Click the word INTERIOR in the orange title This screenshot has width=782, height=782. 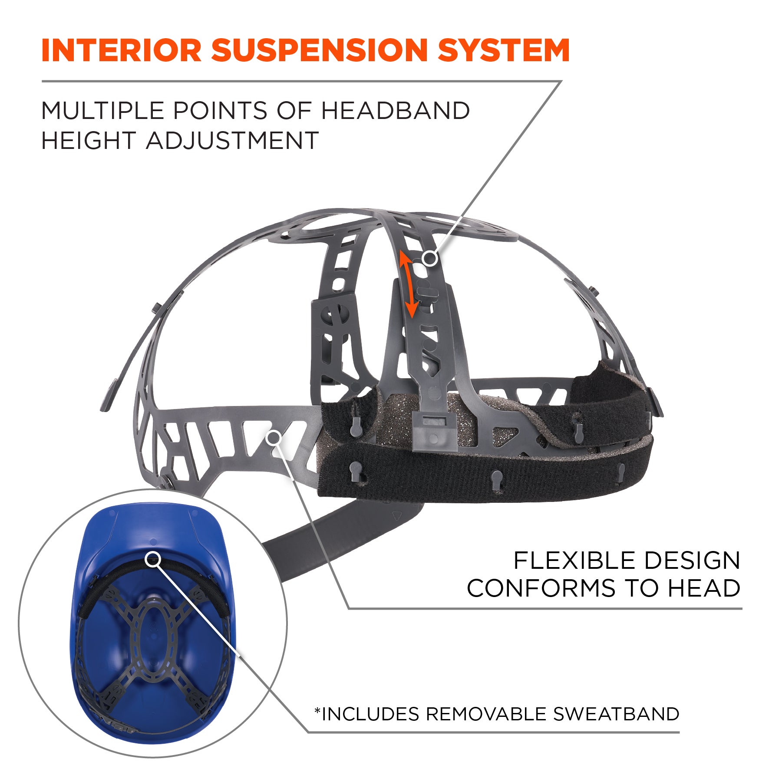121,50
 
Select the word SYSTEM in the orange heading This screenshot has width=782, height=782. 504,50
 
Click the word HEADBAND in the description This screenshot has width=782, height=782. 395,111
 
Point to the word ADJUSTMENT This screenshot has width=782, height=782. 232,141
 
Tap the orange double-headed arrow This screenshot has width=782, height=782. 409,284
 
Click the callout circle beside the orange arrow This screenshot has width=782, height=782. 430,259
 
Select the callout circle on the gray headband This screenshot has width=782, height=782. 273,438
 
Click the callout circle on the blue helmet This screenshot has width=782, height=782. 152,559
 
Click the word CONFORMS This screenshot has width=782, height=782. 541,589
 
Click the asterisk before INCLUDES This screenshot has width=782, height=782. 317,711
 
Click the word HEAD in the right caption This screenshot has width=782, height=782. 703,589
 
